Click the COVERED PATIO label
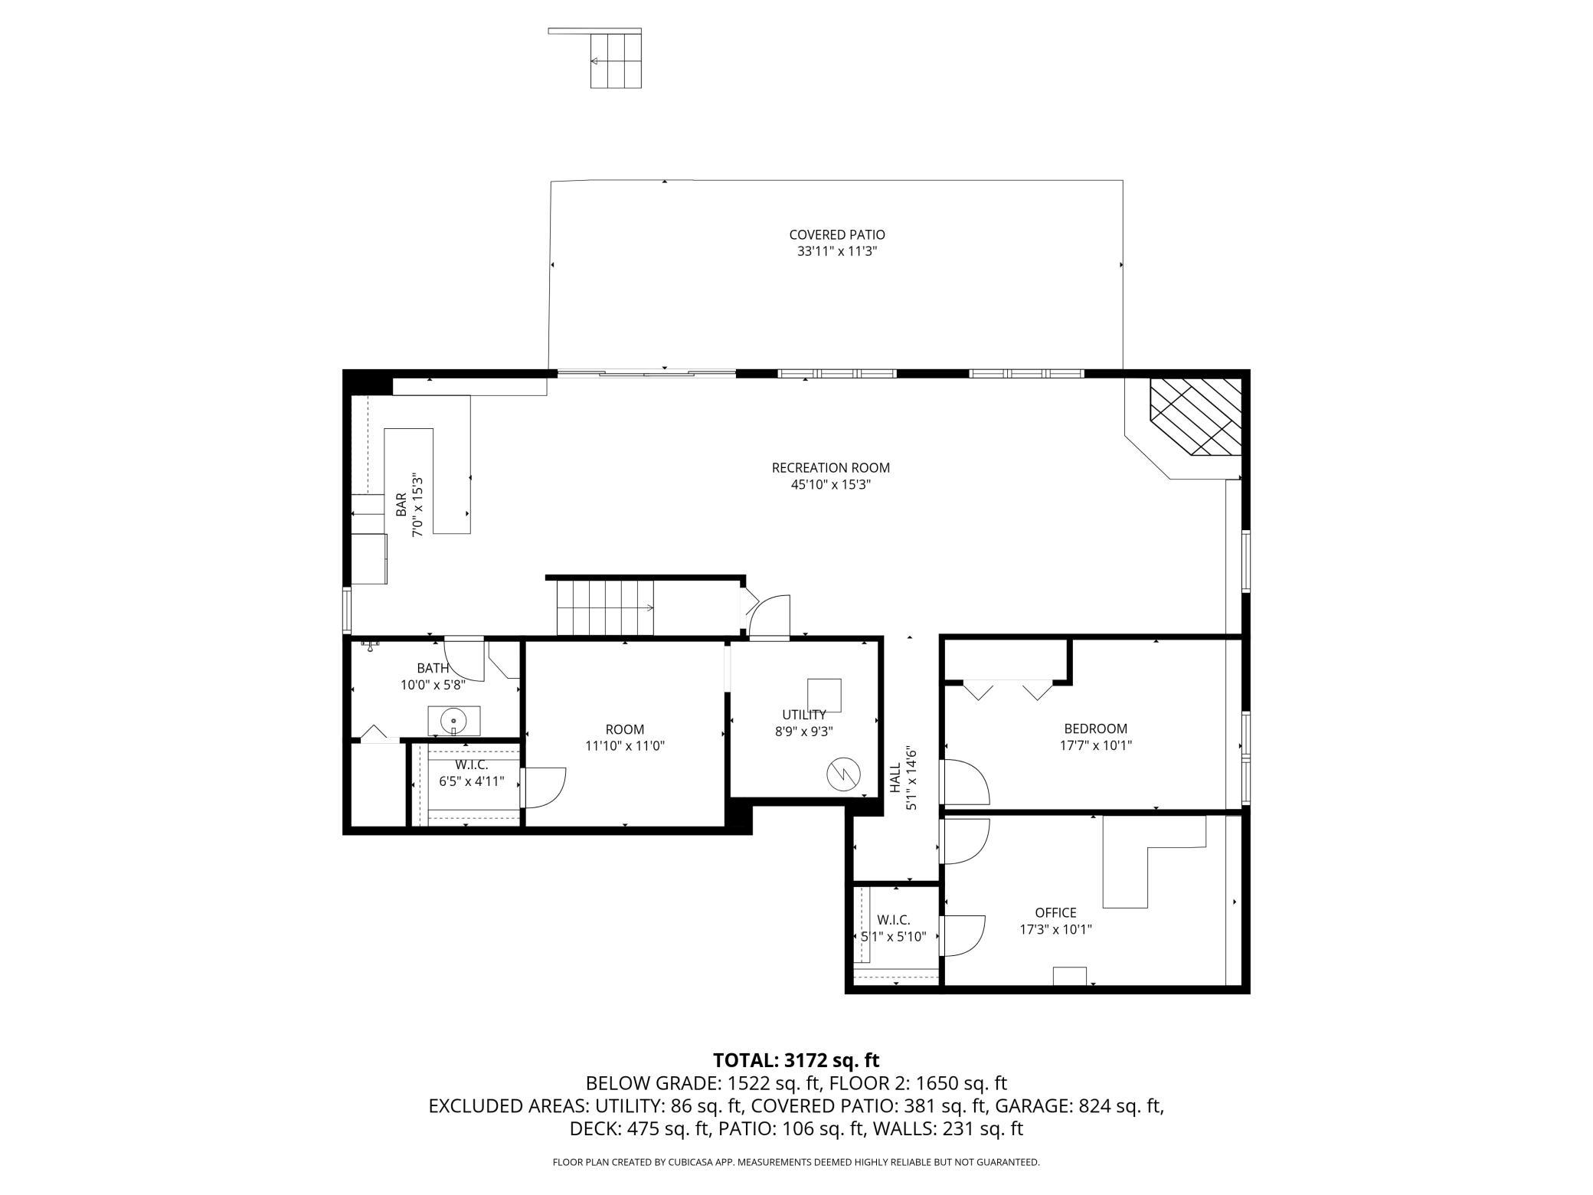837,235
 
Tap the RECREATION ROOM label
831,468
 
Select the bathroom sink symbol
453,721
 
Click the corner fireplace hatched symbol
1196,417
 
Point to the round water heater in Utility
843,776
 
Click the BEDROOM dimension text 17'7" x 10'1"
1096,745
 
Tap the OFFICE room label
1055,912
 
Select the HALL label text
895,778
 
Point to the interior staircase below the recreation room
606,607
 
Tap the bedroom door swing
967,781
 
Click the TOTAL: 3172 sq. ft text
796,1060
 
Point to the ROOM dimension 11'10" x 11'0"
625,746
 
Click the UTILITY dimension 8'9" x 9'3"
803,732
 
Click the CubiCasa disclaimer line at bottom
796,1162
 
